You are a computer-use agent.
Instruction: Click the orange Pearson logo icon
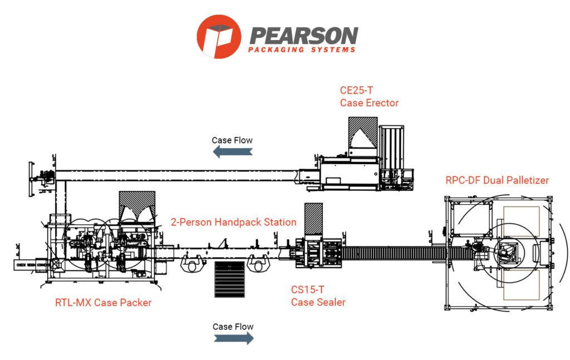coord(219,37)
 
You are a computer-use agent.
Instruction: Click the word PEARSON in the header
coord(303,34)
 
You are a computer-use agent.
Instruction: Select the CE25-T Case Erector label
coord(369,96)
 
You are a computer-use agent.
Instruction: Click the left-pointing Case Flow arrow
coord(232,151)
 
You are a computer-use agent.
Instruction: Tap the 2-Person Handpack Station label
coord(233,223)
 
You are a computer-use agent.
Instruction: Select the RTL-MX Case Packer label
coord(103,303)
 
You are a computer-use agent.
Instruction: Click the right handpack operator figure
coord(259,264)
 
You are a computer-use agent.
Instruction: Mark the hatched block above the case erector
coord(362,136)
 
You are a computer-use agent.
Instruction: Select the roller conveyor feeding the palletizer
coord(395,253)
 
